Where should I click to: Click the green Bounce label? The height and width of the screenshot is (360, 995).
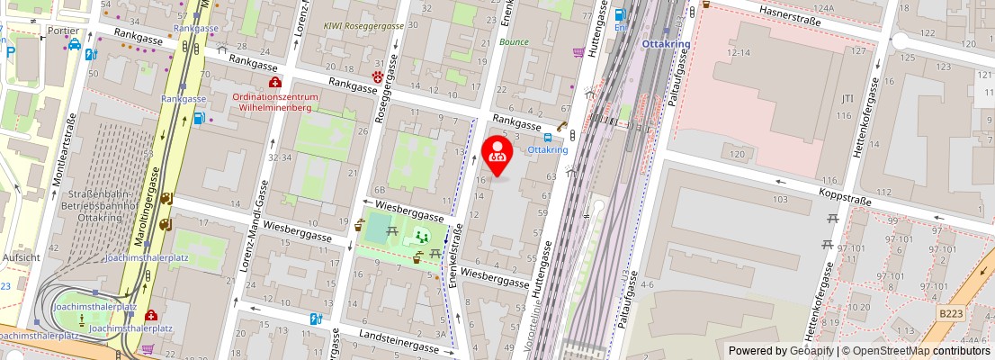coord(515,42)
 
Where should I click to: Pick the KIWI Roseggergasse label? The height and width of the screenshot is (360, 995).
coord(363,27)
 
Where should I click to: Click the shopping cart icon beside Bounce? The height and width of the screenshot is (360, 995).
coord(578,52)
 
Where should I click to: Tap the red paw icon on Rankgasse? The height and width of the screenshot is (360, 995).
coord(378,77)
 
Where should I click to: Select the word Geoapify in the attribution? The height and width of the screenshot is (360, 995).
coord(811,351)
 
